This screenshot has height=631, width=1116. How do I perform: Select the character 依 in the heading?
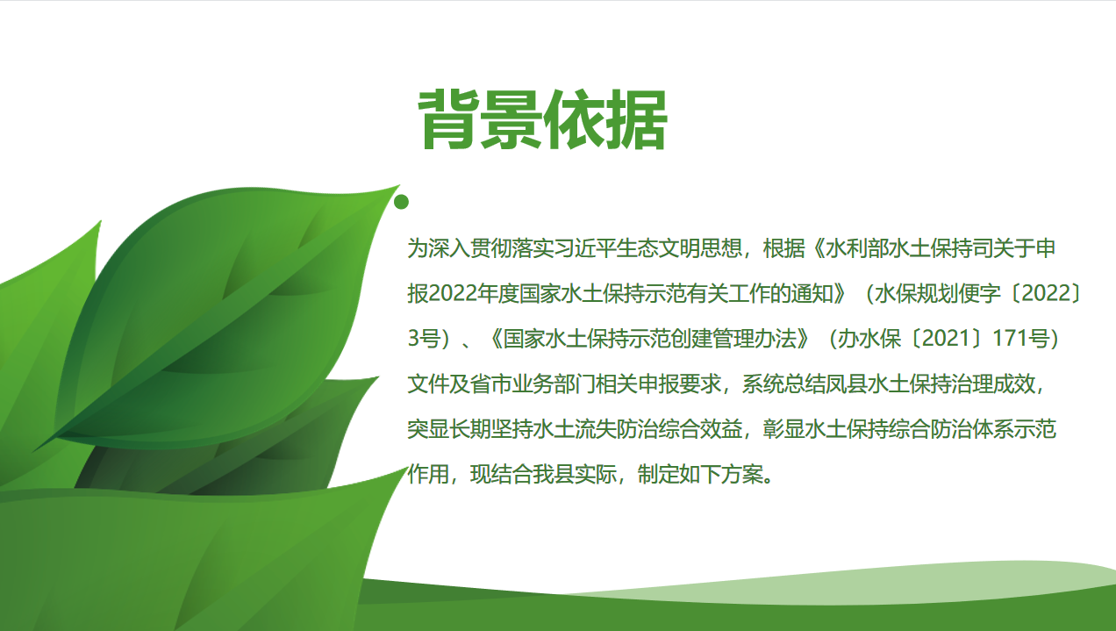(x=574, y=119)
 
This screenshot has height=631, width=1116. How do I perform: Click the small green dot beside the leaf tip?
(x=401, y=202)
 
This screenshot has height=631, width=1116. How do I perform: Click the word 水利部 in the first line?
(x=857, y=248)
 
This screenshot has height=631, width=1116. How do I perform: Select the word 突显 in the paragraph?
(x=428, y=429)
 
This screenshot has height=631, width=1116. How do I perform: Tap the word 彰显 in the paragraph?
(x=783, y=429)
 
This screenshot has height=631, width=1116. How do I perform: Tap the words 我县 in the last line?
(x=554, y=475)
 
